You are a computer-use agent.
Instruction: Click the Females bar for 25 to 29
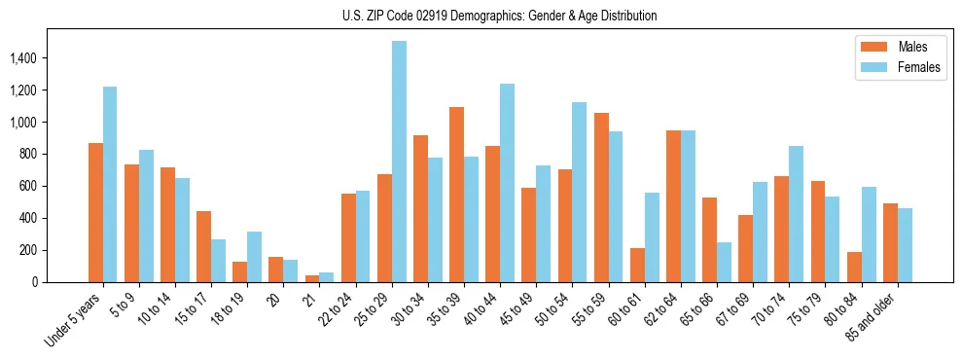399,162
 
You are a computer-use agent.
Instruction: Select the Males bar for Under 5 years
95,212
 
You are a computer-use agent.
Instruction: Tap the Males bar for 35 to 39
456,195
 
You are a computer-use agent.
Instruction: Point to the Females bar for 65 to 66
724,262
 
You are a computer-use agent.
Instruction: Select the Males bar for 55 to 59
601,198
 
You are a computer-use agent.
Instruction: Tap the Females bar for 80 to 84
869,234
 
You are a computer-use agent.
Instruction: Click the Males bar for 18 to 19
239,271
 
